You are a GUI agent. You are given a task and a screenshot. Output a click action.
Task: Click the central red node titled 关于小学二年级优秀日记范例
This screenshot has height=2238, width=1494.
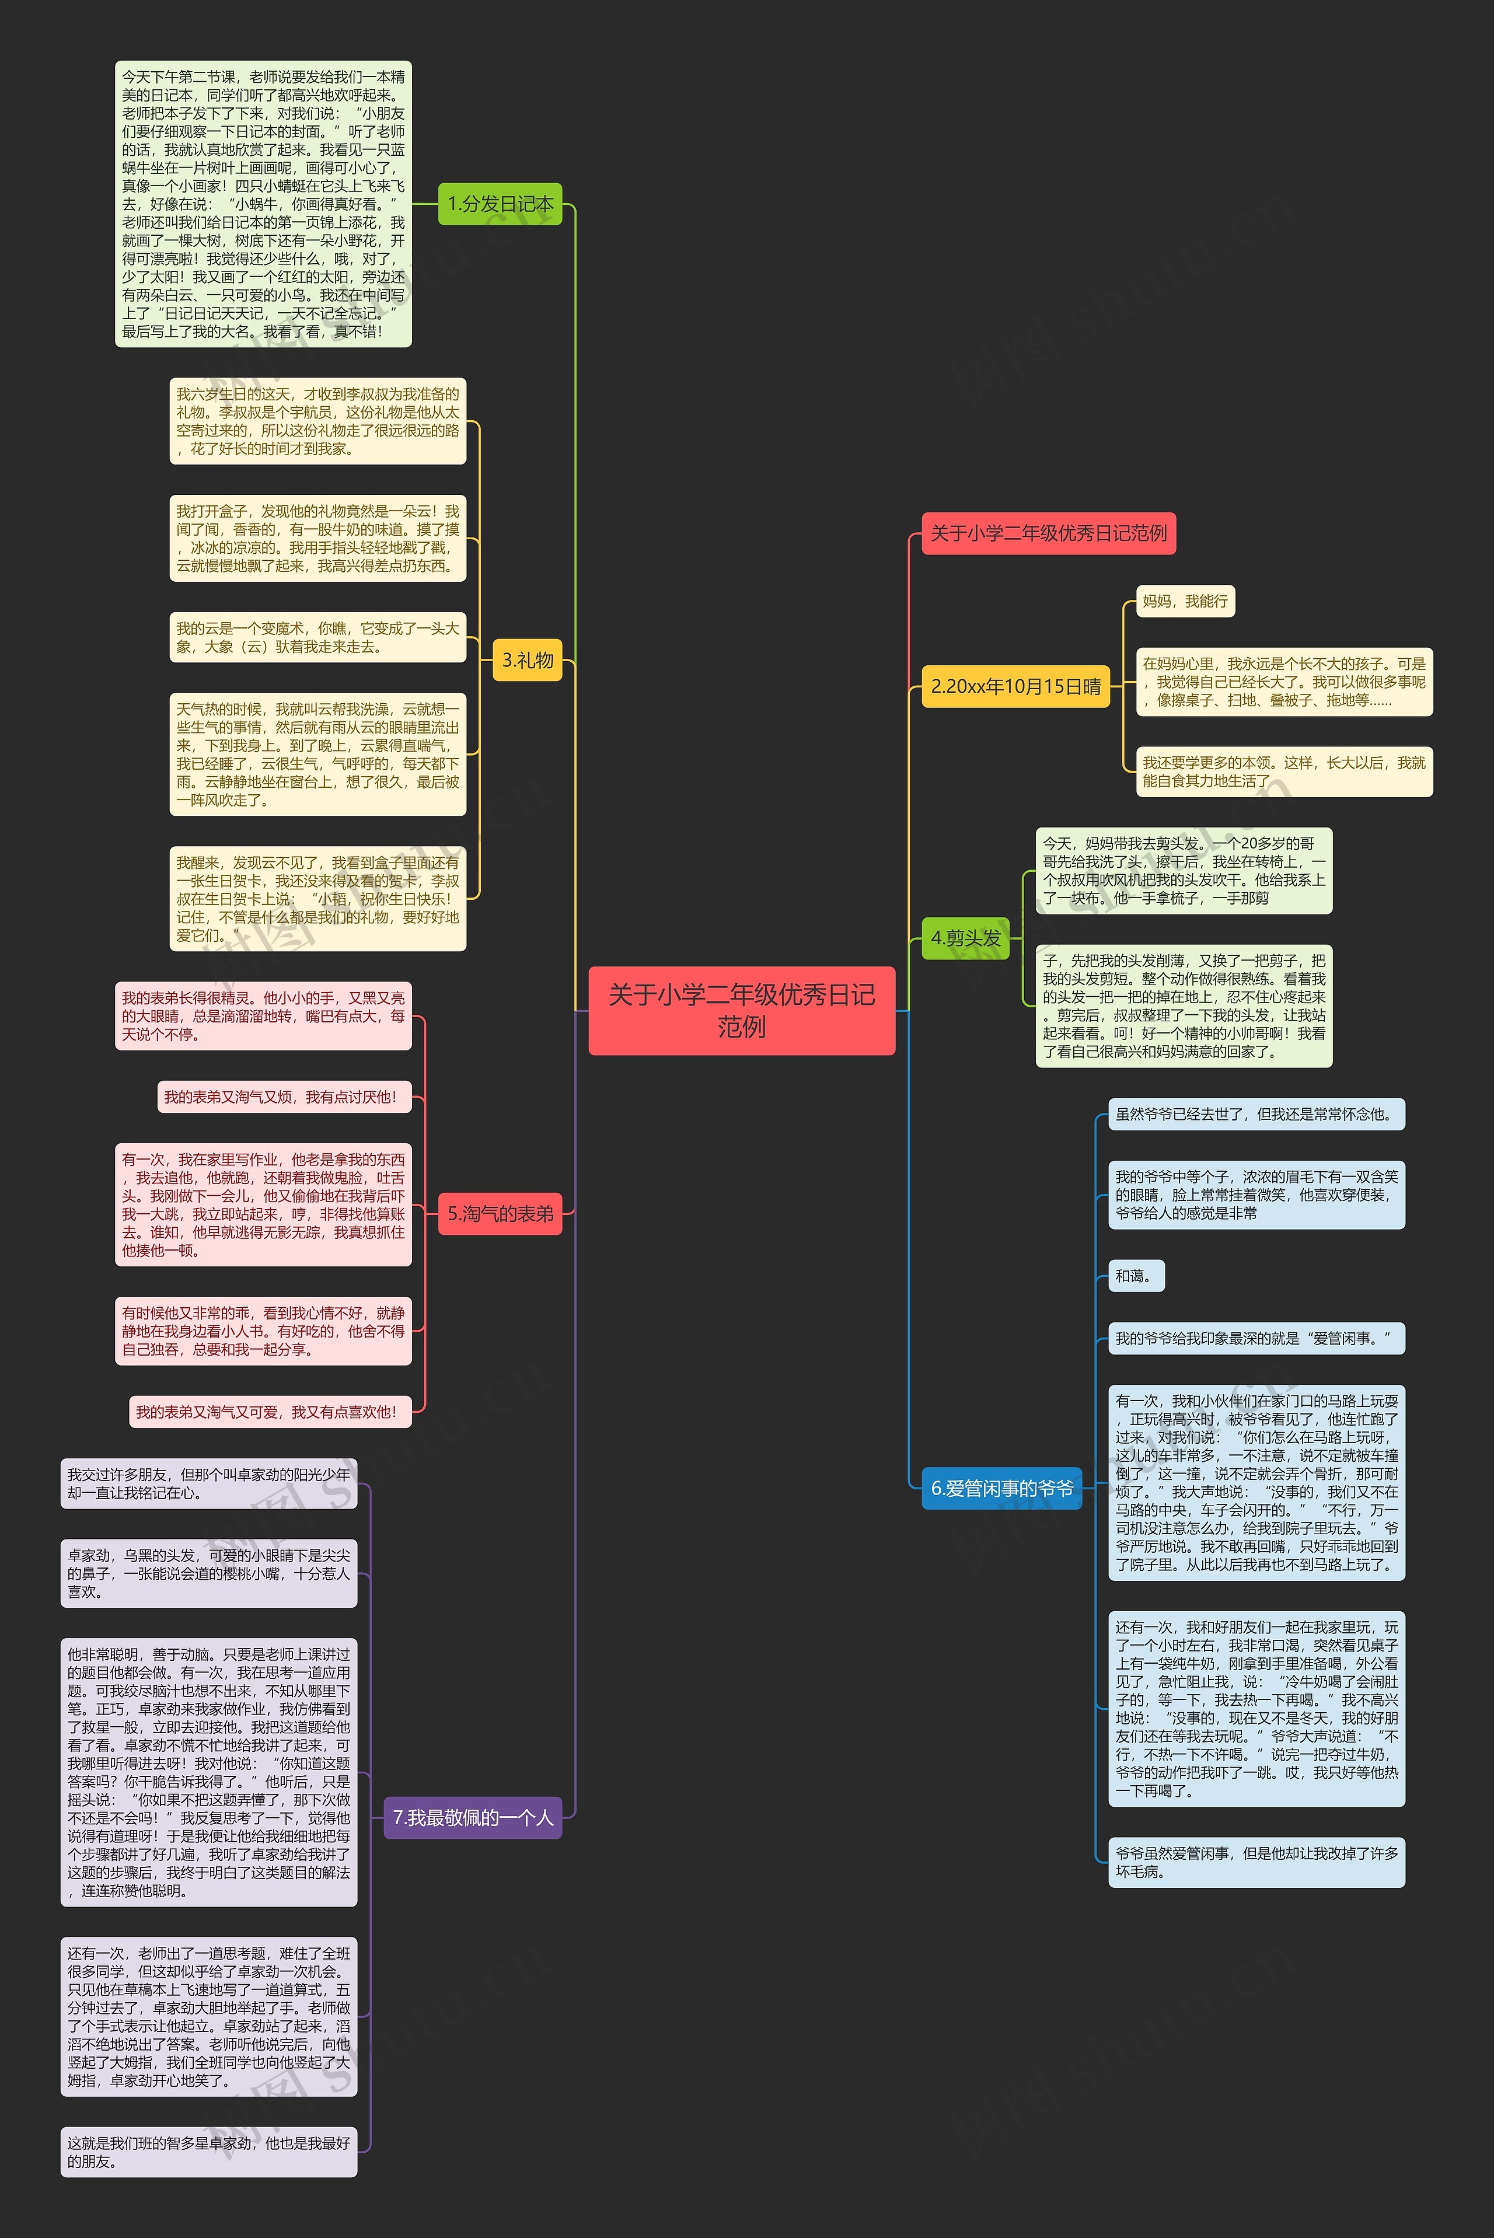pos(741,1010)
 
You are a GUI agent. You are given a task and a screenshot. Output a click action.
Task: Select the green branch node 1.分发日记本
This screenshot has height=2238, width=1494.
pos(500,204)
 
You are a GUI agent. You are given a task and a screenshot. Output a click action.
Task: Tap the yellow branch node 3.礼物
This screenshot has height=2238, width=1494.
pos(527,659)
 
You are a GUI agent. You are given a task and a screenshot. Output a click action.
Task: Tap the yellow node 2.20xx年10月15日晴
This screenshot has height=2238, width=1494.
pos(1015,686)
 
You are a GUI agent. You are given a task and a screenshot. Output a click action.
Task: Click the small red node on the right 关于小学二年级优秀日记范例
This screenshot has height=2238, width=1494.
pos(1048,533)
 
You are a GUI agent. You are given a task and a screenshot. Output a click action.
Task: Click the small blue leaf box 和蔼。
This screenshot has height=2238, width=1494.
pos(1136,1276)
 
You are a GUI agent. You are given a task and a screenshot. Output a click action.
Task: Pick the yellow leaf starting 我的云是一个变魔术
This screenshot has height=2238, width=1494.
pos(317,637)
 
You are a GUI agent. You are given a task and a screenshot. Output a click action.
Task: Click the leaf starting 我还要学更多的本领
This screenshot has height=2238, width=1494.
pos(1283,771)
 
